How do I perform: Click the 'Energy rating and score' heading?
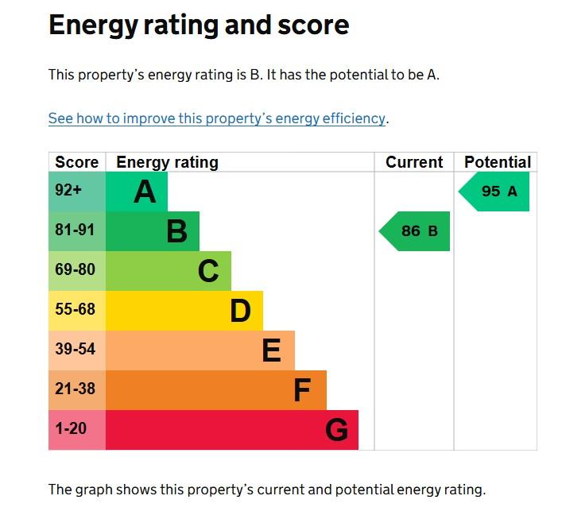coord(199,25)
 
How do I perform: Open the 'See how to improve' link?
coord(217,118)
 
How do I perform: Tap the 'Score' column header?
coord(76,162)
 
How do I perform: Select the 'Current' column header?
coord(414,162)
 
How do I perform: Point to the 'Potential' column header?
coord(498,162)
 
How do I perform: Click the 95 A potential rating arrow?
coord(494,192)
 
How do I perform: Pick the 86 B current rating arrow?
coord(414,231)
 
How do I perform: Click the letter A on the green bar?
coord(145,192)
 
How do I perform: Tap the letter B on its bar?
coord(177,231)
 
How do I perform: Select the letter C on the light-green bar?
coord(208,271)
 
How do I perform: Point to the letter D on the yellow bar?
coord(240,311)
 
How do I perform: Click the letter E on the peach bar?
coord(271,350)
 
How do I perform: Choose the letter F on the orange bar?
coord(302,390)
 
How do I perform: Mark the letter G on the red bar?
coord(336,430)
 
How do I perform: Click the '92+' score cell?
coord(77,192)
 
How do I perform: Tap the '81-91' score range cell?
coord(77,231)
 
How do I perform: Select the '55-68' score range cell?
coord(77,311)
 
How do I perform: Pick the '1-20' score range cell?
coord(77,430)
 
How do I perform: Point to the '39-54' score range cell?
coord(77,350)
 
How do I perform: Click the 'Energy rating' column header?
coord(168,162)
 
